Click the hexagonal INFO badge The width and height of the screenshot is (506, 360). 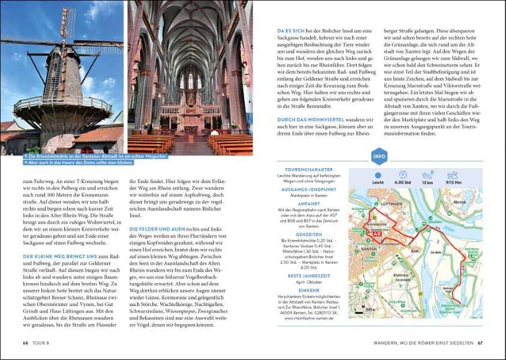[379, 158]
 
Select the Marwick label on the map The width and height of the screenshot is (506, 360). [460, 202]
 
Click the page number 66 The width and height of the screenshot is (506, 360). [25, 343]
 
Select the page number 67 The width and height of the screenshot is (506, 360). [480, 343]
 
